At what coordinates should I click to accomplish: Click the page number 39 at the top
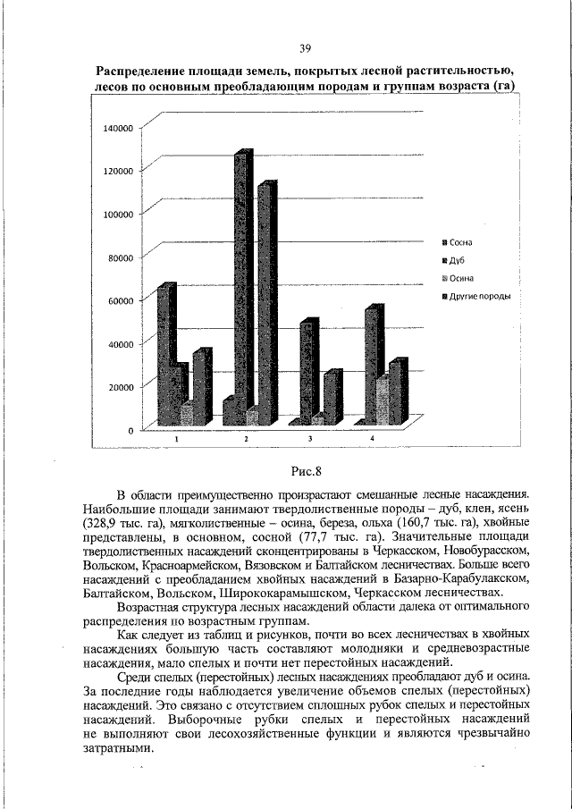tap(305, 48)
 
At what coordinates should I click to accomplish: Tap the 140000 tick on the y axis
tap(117, 128)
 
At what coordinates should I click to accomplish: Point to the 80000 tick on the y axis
tap(119, 257)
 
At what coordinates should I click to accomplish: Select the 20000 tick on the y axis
tap(119, 387)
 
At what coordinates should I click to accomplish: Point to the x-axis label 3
tap(310, 439)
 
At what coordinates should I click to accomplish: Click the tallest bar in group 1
tap(164, 353)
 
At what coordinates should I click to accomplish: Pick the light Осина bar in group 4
tap(382, 400)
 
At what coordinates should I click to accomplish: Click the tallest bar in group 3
tap(307, 371)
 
